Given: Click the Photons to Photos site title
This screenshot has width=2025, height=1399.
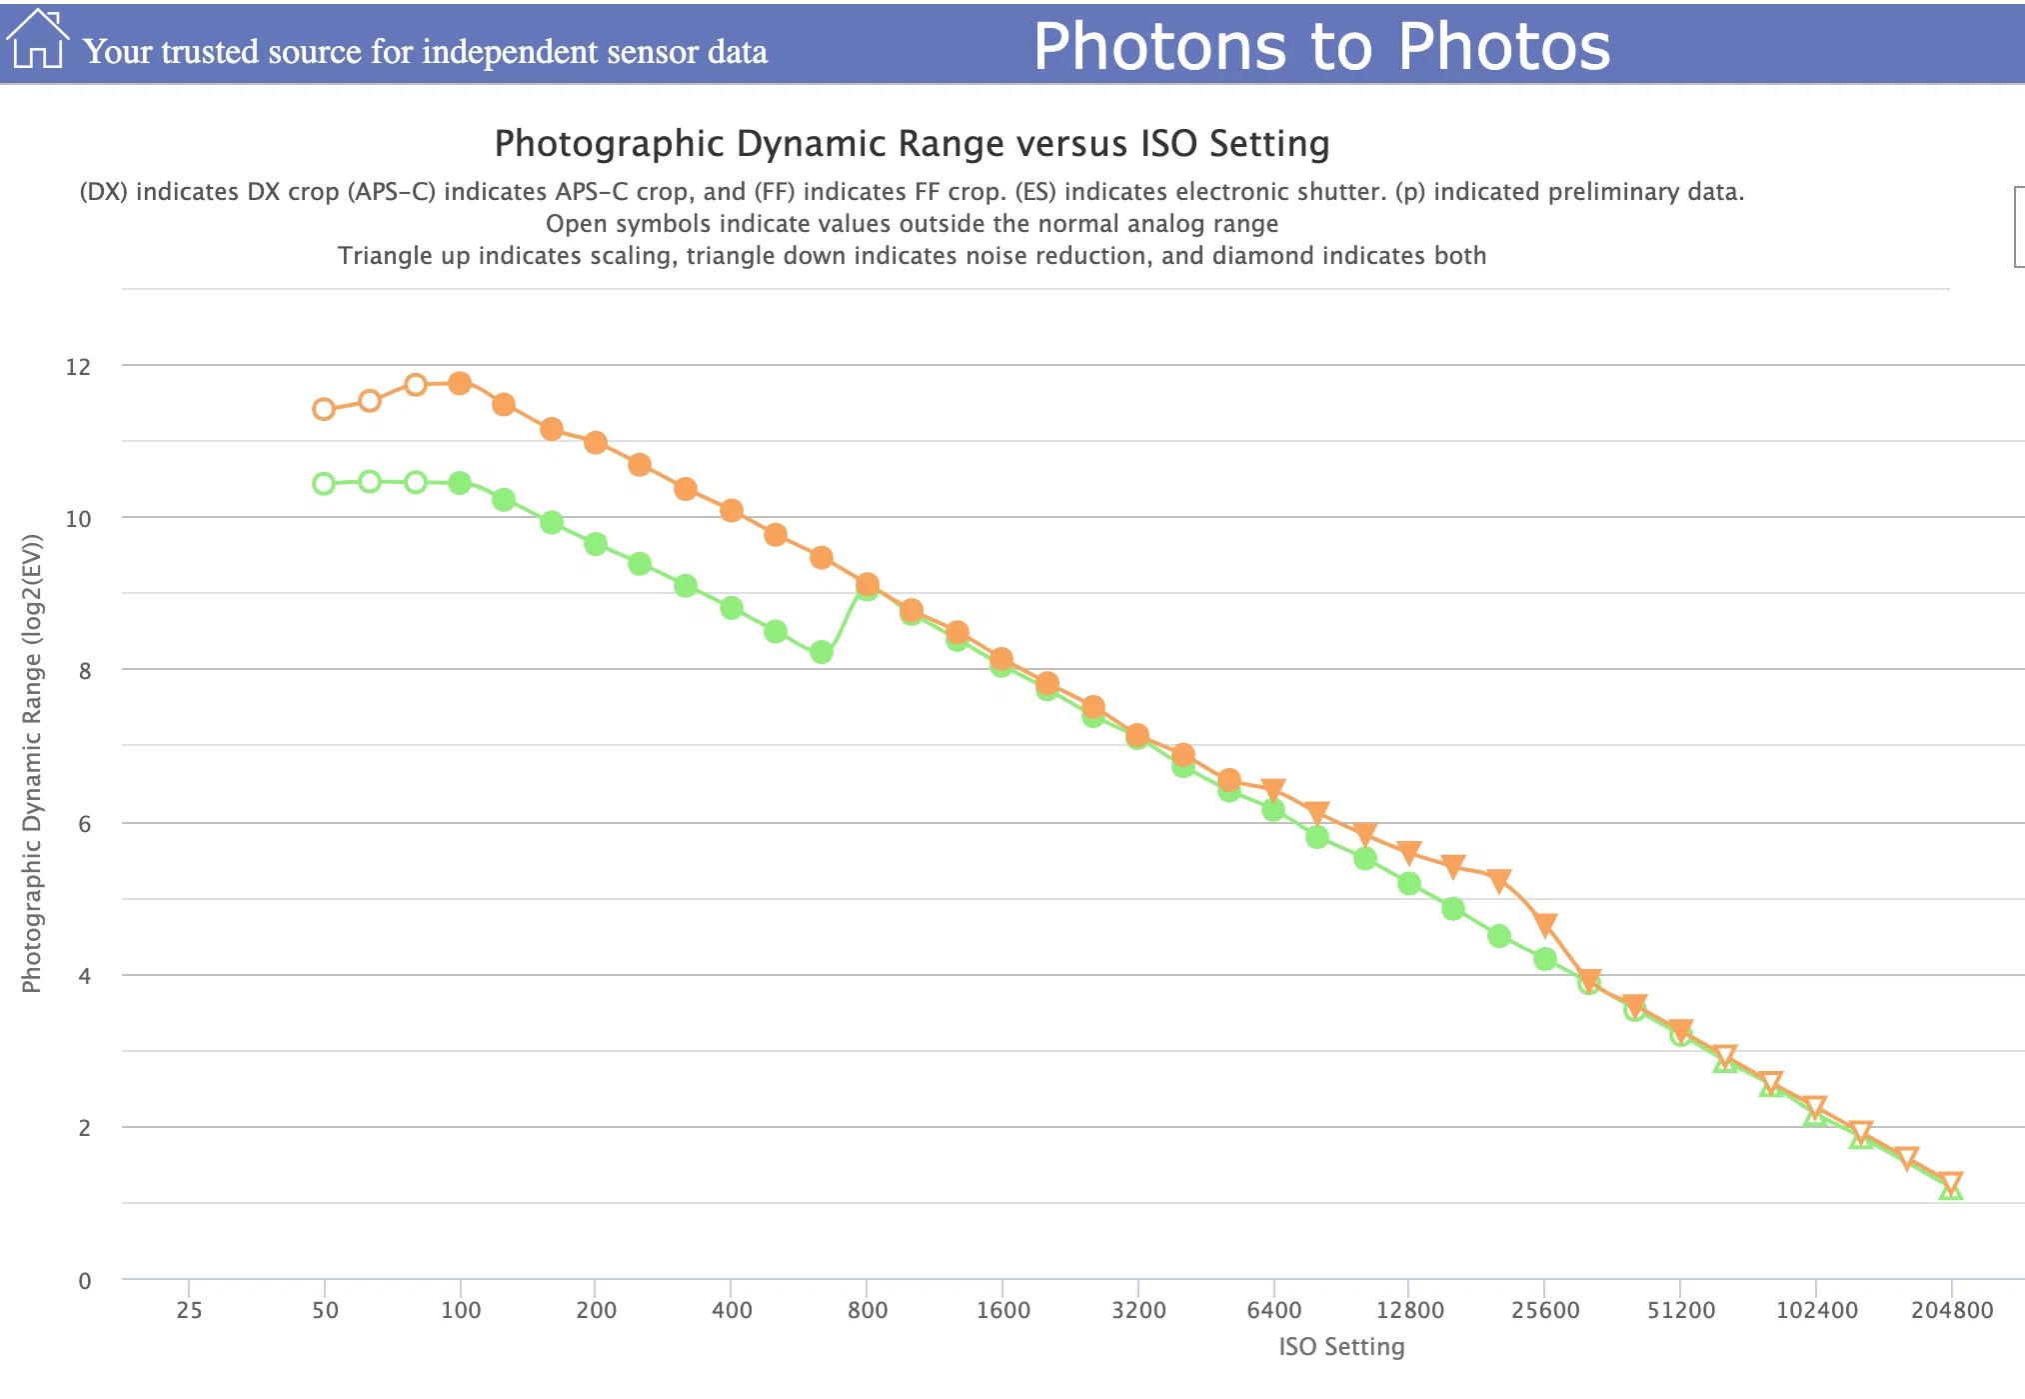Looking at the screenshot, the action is [1321, 46].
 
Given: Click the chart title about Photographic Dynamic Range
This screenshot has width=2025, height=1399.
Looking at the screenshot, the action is [912, 143].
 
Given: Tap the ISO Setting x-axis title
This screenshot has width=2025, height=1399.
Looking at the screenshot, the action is [1341, 1347].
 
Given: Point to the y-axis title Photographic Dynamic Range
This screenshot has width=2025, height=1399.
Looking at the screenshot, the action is [32, 764].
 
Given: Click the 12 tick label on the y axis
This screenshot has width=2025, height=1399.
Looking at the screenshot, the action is [78, 367].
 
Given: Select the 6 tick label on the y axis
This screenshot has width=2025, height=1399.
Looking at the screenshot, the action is [85, 823].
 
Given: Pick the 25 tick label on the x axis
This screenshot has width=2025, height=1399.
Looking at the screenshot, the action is [189, 1310].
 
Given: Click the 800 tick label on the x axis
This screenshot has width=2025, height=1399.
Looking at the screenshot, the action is [867, 1310].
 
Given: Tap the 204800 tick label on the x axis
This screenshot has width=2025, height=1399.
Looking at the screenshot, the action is [1952, 1310].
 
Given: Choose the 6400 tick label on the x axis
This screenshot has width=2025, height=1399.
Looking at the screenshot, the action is [1274, 1310].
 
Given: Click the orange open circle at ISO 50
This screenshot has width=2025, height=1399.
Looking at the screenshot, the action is [324, 409].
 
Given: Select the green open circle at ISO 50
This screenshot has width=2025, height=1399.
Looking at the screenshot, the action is [324, 484].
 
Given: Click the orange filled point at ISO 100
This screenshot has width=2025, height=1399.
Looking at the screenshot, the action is [460, 383].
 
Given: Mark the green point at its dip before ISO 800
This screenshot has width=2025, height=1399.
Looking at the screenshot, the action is [822, 653].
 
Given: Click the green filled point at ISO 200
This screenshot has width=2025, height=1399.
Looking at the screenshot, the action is [596, 544].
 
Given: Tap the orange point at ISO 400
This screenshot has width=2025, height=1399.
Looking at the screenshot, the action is [732, 510].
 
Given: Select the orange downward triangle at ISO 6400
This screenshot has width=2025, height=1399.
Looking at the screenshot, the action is [1273, 790].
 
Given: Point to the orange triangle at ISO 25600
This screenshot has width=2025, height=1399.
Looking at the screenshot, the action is [1545, 925].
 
